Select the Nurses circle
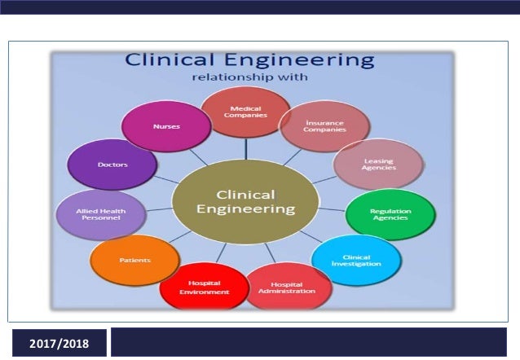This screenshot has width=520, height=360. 161,127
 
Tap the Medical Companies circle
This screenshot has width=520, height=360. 245,112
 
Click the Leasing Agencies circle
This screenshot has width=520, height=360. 379,165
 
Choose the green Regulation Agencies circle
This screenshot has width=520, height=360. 390,215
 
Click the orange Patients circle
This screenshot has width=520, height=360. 134,261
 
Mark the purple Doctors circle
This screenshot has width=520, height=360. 112,165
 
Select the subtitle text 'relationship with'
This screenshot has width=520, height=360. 250,78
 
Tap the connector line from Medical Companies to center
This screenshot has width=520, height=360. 245,148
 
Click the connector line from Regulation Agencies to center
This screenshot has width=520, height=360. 331,209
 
